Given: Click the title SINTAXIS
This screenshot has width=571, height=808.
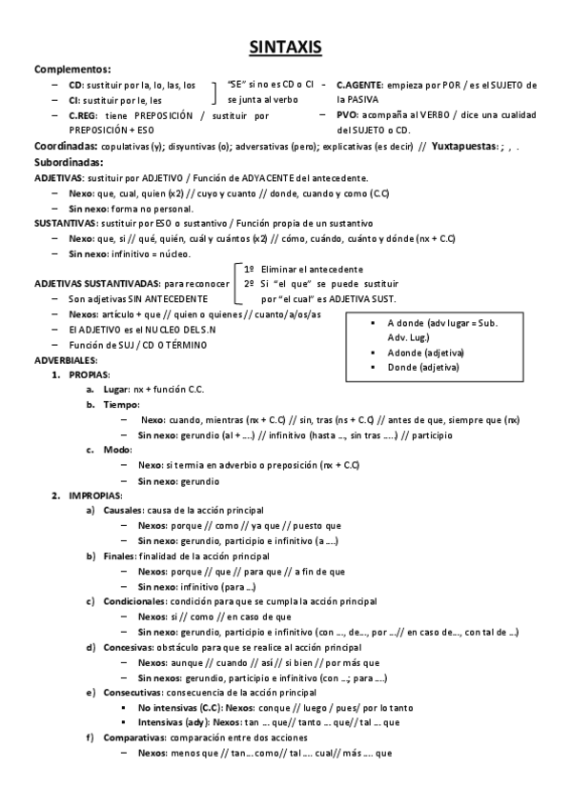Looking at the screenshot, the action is coord(285,47).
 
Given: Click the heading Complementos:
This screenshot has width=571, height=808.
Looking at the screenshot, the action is coord(72,69).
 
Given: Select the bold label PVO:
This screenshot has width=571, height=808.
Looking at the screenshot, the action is coord(347,115).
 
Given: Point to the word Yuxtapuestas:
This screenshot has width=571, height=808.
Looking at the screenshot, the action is coord(467,147).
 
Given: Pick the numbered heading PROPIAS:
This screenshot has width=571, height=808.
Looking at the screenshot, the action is coord(89,375).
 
